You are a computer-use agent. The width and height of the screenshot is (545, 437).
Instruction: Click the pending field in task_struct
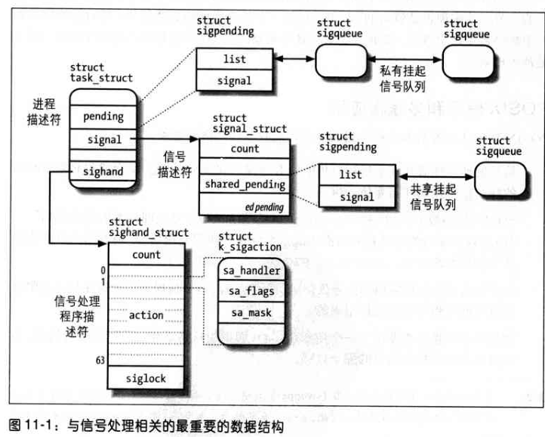click(x=103, y=117)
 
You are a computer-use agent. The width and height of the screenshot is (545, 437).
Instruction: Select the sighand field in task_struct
click(x=103, y=172)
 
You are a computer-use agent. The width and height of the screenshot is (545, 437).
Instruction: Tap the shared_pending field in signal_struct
click(x=245, y=184)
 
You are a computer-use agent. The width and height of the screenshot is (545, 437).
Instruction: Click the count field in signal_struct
click(x=245, y=149)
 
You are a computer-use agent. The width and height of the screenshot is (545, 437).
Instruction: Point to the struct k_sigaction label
click(x=249, y=241)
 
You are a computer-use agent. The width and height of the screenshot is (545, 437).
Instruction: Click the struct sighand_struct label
click(x=148, y=227)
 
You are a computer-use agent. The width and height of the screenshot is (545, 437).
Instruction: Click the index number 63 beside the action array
click(x=100, y=360)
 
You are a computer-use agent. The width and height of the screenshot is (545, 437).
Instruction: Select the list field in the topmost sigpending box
click(x=234, y=59)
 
